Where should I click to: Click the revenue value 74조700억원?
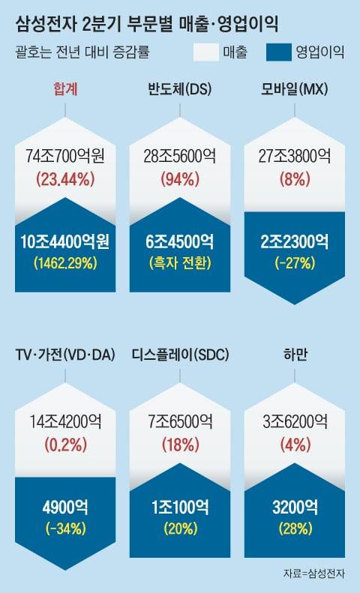(66, 156)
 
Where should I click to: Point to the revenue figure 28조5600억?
(179, 156)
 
